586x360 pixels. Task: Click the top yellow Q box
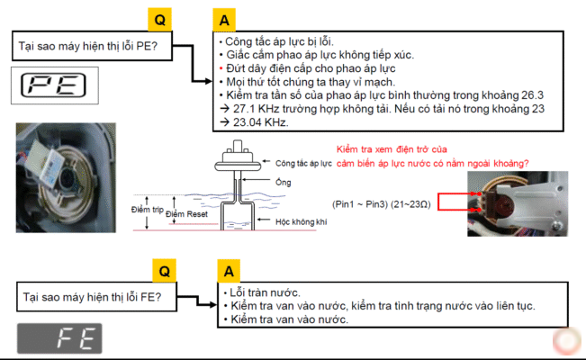point(160,19)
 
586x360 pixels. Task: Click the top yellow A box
point(224,19)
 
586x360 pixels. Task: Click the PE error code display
point(52,85)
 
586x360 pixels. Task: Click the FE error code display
point(59,338)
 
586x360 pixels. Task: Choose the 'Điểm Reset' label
point(187,214)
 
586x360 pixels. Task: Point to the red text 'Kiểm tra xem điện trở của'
point(392,148)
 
